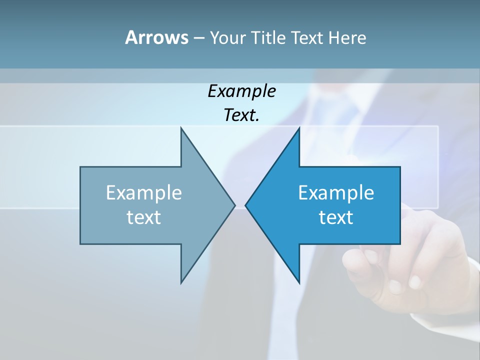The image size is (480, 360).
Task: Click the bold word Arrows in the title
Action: [156, 37]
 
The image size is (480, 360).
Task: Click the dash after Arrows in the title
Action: [198, 38]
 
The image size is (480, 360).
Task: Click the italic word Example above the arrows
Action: [241, 91]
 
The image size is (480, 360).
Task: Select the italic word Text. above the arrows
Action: [241, 115]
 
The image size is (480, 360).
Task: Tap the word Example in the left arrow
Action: [144, 193]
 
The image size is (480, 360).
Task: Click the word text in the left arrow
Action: [144, 217]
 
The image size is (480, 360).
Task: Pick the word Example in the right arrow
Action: [336, 193]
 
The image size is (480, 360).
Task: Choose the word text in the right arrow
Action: [336, 217]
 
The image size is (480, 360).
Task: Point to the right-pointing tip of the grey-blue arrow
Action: [234, 205]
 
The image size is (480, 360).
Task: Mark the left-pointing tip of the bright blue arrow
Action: [246, 205]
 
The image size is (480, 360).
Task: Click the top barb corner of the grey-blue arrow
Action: [181, 128]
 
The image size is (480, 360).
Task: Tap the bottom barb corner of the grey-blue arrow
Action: [181, 282]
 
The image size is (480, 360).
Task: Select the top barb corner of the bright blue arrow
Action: [299, 128]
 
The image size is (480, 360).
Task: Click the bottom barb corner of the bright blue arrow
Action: [299, 282]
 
